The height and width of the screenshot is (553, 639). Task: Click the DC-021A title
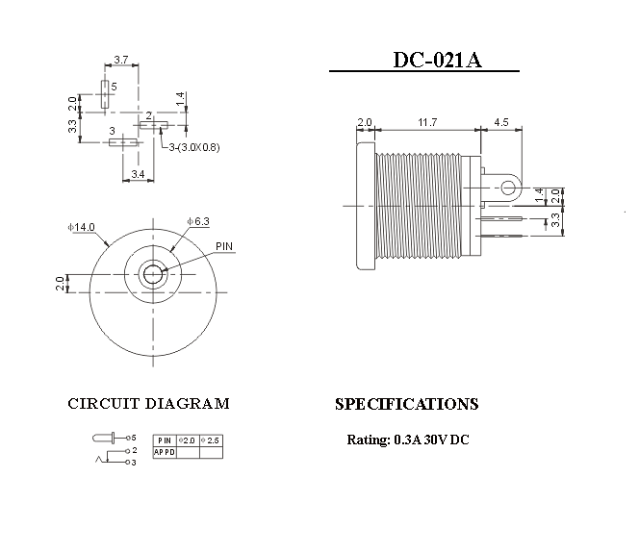pos(437,60)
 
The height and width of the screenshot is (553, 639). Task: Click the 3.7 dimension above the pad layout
pos(121,61)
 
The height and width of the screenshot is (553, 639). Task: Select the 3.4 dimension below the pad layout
pos(138,174)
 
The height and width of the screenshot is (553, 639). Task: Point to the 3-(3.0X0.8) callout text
pos(194,147)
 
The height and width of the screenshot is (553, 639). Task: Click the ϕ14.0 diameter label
pos(82,227)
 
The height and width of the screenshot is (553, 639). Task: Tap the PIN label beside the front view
pos(224,246)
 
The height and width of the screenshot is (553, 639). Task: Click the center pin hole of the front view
pos(152,274)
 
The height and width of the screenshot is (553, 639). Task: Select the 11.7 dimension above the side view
pos(427,122)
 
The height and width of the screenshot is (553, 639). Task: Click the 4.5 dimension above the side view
pos(501,122)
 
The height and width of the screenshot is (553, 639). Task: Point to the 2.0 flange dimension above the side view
pos(364,122)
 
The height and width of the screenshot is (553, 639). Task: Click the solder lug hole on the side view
pos(506,187)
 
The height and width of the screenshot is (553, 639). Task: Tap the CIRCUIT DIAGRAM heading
pos(148,404)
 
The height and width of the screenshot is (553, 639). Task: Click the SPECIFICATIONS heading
pos(406,404)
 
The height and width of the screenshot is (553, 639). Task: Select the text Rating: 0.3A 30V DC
pos(408,440)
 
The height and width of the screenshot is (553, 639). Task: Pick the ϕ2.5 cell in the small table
pos(211,440)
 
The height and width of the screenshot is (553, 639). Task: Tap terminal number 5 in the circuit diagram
pos(134,438)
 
